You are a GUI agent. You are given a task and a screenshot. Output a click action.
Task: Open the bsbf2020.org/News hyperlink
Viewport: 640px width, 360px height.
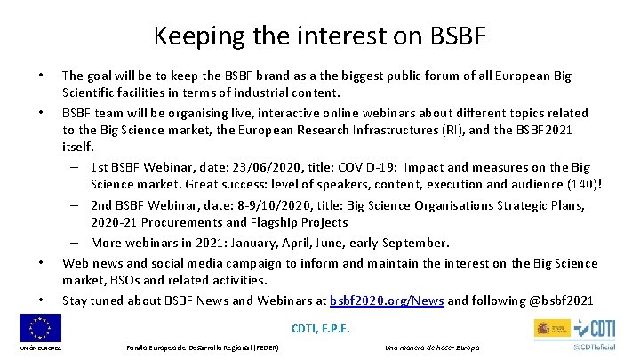[x=387, y=300]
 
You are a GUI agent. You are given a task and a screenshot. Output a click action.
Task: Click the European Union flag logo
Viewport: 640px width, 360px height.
[x=40, y=330]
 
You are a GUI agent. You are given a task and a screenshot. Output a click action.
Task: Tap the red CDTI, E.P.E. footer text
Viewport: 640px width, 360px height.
[x=320, y=329]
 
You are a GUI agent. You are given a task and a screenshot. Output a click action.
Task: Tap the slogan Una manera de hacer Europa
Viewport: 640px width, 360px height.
[x=432, y=347]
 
